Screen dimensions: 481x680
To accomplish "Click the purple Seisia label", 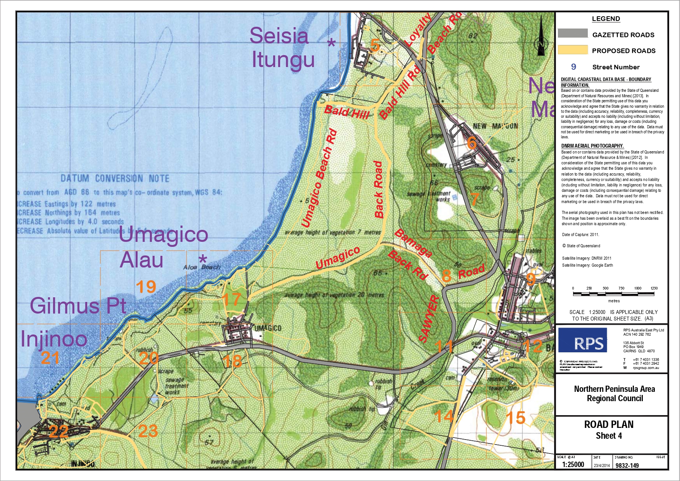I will (x=279, y=36).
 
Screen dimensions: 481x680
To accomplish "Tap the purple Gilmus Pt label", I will (x=78, y=306).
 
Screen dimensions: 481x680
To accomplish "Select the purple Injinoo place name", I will (x=54, y=339).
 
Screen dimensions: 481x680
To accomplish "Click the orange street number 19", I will (x=146, y=287).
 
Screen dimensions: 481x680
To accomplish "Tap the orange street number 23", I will (x=148, y=431).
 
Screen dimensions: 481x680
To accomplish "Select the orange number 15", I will (x=516, y=418).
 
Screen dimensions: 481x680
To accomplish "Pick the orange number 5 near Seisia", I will (x=375, y=45).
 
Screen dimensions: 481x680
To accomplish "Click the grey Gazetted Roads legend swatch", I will (x=573, y=34).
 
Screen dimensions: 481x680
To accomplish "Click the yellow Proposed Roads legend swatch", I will (x=573, y=50).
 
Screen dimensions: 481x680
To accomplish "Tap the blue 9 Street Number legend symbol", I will (x=573, y=67).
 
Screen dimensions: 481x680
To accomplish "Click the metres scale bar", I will (x=613, y=294).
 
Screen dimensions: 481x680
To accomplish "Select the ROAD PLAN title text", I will (x=609, y=424).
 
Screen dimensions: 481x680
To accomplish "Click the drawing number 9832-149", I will (x=627, y=465).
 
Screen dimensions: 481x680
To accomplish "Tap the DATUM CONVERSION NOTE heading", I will (x=115, y=179).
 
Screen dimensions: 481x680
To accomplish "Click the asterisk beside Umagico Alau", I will (x=203, y=259).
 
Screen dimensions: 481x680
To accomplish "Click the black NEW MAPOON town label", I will (x=495, y=126).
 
